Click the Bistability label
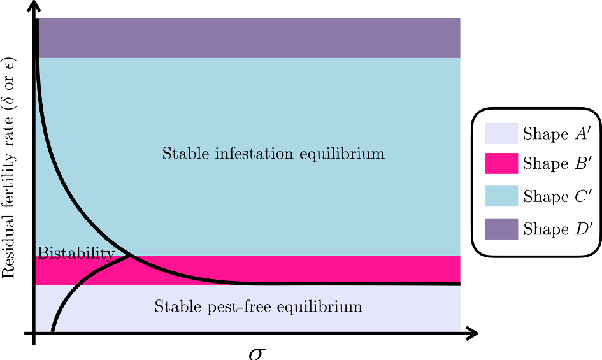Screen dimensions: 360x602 click(x=76, y=254)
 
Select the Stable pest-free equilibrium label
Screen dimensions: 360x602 click(x=258, y=306)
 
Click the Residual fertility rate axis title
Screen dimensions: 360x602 click(x=10, y=168)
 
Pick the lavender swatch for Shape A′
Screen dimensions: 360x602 click(x=501, y=134)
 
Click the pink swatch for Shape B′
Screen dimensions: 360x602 click(x=501, y=164)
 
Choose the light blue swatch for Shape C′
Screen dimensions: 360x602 click(x=501, y=196)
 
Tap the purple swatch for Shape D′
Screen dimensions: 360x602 click(x=501, y=228)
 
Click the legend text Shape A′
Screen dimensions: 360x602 click(x=554, y=134)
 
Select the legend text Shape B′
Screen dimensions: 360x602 click(x=554, y=164)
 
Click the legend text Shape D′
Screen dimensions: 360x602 click(x=554, y=228)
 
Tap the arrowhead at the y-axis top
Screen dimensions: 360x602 click(x=34, y=8)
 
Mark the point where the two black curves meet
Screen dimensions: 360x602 click(x=132, y=256)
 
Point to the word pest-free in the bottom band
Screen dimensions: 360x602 click(x=220, y=307)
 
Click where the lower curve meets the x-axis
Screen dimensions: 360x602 click(x=52, y=331)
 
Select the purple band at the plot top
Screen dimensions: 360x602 click(x=248, y=38)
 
